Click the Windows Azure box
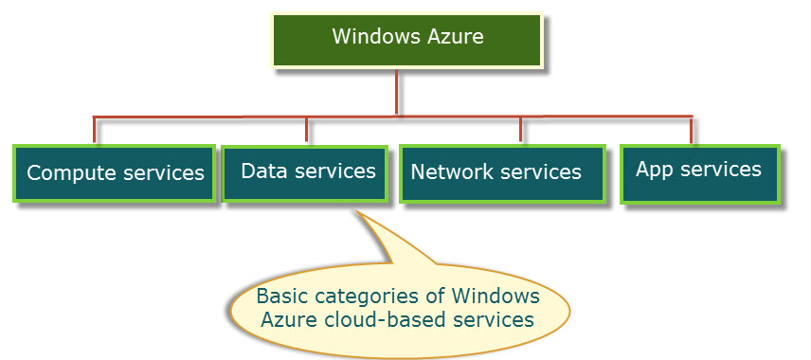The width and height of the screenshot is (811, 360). tap(407, 40)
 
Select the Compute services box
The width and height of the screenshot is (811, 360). tap(115, 172)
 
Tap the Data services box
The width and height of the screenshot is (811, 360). tap(304, 171)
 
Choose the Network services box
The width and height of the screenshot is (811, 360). tap(501, 172)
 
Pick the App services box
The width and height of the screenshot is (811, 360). tap(699, 171)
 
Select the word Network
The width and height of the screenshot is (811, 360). tap(452, 172)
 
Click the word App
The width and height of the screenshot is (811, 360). tap(654, 171)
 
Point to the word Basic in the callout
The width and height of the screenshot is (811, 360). tap(282, 295)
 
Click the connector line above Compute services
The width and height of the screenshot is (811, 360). tap(94, 130)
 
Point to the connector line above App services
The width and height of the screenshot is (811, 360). tap(691, 130)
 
